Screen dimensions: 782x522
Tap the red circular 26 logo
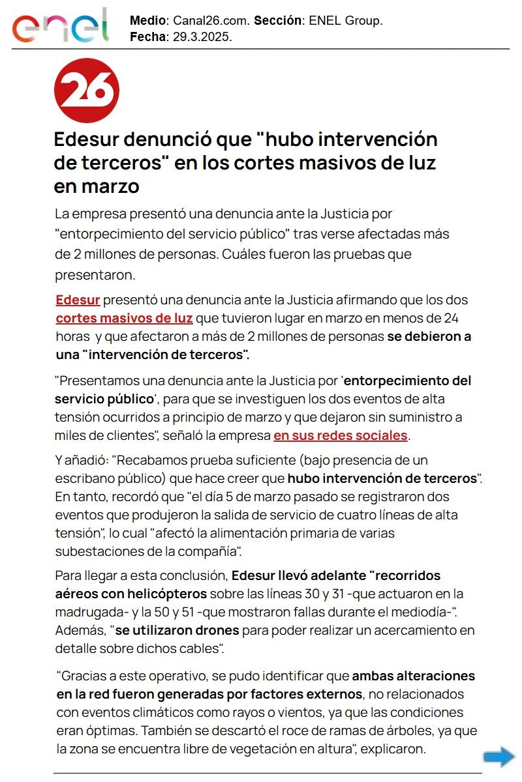pos(86,91)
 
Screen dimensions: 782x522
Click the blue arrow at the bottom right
pos(499,757)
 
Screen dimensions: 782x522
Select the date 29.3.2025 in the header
pos(202,36)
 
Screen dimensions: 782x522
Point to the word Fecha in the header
pos(147,36)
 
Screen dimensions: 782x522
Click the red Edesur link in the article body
pos(78,300)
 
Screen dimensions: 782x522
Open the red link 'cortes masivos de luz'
pos(124,319)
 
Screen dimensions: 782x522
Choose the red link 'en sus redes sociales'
pos(340,435)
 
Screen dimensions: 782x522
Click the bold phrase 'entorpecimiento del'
pos(407,381)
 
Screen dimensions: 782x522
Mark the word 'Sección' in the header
pos(277,21)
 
